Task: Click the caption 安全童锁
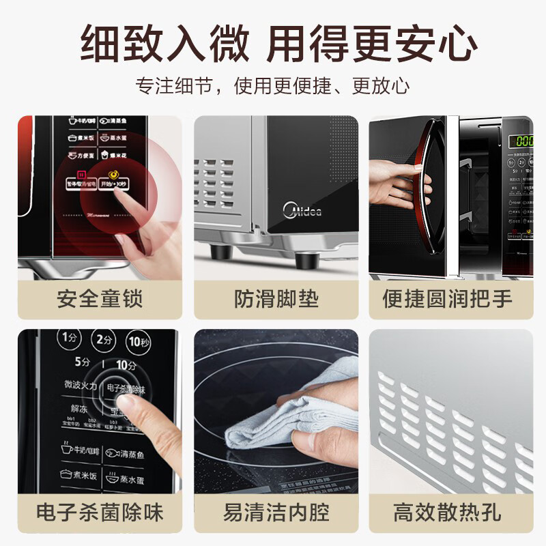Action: click(100, 299)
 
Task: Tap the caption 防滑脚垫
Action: click(276, 299)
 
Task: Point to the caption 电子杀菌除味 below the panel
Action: click(100, 512)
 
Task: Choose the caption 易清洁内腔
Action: click(276, 512)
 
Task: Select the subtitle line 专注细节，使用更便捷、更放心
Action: click(273, 86)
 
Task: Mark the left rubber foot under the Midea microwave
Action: click(220, 252)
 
